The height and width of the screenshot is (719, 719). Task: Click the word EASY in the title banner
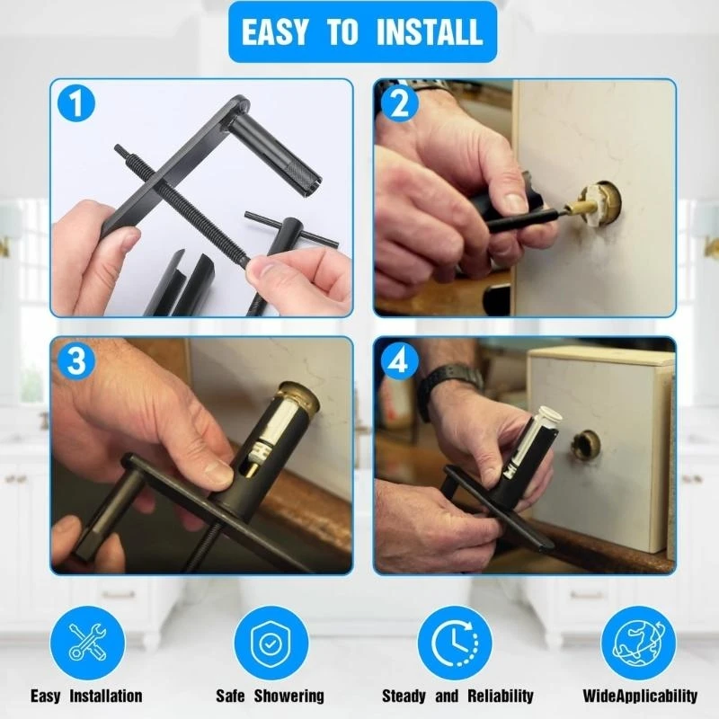[275, 32]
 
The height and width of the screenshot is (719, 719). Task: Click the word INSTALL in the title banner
[430, 32]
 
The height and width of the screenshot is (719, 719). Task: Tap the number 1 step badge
[76, 103]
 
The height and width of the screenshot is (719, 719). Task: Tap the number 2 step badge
[400, 103]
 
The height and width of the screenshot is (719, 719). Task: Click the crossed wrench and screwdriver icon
[87, 643]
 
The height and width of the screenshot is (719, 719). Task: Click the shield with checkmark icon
[271, 643]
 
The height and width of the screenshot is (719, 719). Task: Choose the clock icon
[455, 643]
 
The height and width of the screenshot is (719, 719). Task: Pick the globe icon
[638, 643]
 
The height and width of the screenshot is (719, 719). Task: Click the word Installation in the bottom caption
[106, 696]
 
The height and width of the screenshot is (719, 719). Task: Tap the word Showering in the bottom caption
[288, 696]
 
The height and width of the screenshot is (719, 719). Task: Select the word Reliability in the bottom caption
[501, 696]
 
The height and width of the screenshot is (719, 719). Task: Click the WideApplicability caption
[640, 696]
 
